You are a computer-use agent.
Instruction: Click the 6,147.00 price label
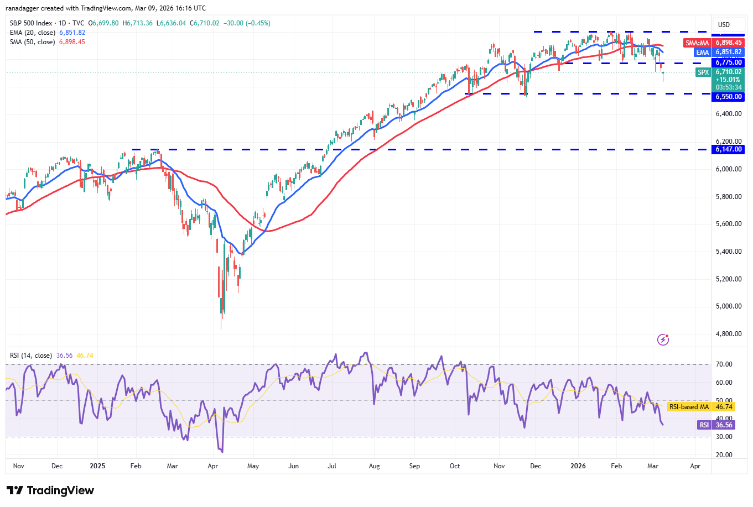[729, 149]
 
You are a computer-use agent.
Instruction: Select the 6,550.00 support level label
[729, 97]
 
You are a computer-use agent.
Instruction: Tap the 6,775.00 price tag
[729, 62]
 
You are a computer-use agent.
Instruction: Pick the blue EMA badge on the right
[702, 52]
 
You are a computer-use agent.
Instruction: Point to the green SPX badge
[703, 72]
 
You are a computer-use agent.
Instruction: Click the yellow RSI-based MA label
[689, 407]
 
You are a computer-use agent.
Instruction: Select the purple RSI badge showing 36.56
[704, 425]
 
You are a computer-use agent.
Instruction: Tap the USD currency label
[724, 24]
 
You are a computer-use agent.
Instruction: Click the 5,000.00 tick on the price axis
[728, 306]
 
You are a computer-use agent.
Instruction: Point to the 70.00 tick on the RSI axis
[724, 364]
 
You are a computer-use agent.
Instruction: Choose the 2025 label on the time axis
[97, 466]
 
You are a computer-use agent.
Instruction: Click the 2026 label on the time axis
[578, 466]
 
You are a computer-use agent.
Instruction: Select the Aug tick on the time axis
[374, 466]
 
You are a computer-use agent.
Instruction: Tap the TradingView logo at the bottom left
[50, 490]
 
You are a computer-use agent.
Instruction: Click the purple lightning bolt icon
[663, 339]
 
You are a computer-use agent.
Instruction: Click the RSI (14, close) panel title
[31, 356]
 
